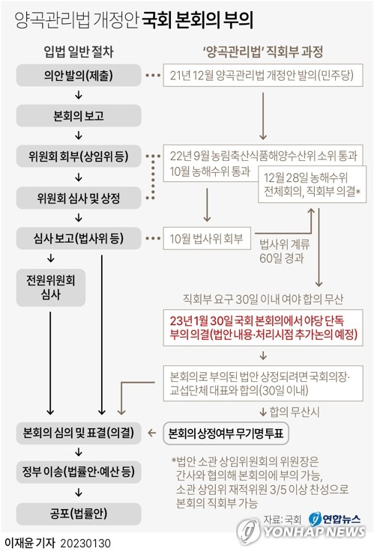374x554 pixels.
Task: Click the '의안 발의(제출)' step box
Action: (x=79, y=75)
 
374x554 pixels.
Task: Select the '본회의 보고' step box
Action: (x=79, y=115)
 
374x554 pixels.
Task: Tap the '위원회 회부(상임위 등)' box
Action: (x=79, y=156)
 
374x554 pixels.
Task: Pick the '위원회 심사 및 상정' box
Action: (x=79, y=198)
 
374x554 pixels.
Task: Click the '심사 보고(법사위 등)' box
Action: (x=79, y=238)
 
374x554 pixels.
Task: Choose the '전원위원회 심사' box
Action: (x=51, y=287)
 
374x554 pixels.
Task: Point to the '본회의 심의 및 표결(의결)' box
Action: (x=79, y=433)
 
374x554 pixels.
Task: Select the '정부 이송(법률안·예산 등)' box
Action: (x=79, y=472)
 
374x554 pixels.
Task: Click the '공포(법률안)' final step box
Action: (x=79, y=514)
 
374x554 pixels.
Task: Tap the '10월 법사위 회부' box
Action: (x=207, y=239)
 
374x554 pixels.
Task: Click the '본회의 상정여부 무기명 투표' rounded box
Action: (x=226, y=433)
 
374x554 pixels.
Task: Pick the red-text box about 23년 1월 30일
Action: (x=263, y=327)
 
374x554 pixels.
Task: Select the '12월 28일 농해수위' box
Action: (x=312, y=184)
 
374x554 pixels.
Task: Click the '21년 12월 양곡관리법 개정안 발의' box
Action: (x=263, y=75)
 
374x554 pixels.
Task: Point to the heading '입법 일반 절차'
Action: (x=79, y=52)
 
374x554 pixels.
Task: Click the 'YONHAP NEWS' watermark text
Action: (x=313, y=532)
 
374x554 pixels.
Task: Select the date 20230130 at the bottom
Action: (x=85, y=543)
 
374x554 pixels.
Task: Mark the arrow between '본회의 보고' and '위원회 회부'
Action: (x=79, y=136)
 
